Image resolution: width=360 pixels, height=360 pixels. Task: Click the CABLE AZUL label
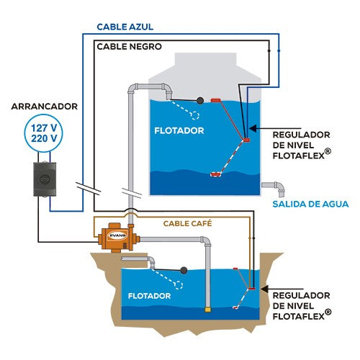(125, 27)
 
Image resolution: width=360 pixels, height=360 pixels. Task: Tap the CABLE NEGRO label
(129, 47)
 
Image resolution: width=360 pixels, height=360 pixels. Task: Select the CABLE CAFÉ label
(187, 223)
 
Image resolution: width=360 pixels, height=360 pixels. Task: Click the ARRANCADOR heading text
(45, 107)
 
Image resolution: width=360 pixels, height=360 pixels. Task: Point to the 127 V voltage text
(44, 128)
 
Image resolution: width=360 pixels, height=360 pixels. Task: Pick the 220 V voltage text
(44, 138)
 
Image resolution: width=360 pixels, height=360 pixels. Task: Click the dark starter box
(45, 179)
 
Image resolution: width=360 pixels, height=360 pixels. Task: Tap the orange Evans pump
(118, 238)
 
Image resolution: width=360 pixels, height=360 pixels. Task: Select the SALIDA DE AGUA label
(310, 204)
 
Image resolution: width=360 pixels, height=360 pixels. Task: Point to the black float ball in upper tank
(200, 101)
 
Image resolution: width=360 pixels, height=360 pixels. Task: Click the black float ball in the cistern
(184, 271)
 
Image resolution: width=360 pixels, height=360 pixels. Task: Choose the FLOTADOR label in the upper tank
(179, 131)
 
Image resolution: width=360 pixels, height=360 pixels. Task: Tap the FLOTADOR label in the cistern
(149, 296)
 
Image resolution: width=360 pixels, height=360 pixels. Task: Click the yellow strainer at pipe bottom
(208, 310)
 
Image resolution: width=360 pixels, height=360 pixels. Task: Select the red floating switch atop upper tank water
(216, 100)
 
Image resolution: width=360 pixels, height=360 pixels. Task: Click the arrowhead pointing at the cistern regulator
(265, 289)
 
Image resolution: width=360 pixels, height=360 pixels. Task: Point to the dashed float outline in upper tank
(194, 115)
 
